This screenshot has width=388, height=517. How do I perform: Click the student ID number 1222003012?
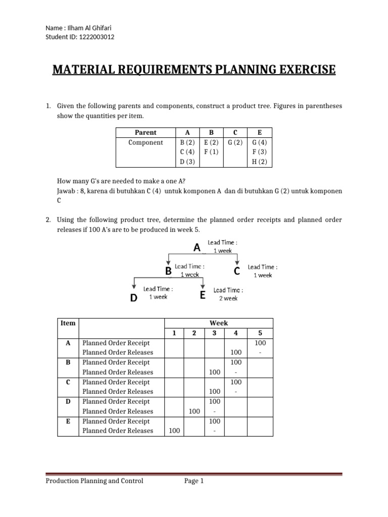[x=96, y=36]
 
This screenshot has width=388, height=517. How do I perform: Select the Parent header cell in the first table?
[x=145, y=132]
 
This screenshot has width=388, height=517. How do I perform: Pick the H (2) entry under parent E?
[x=259, y=162]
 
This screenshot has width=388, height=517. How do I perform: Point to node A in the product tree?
[x=197, y=247]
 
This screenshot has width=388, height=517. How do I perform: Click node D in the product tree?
[x=133, y=298]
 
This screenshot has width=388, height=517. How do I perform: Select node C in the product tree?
[x=236, y=272]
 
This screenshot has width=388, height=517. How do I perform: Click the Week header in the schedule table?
[x=219, y=323]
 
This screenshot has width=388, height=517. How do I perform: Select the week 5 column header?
[x=260, y=333]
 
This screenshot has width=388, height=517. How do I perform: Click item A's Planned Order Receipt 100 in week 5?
[x=260, y=342]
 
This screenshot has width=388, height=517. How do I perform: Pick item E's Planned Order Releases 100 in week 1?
[x=174, y=431]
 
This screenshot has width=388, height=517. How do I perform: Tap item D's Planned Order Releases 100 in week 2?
[x=194, y=411]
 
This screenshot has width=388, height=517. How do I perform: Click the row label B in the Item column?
[x=68, y=362]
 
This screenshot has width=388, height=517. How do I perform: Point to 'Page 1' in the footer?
[x=194, y=481]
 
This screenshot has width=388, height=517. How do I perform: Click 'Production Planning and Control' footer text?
[x=94, y=481]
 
